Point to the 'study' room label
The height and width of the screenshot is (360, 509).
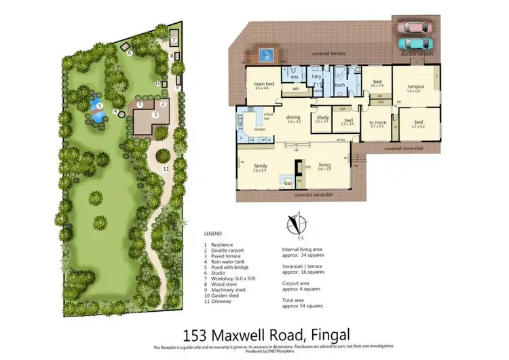tap(322, 118)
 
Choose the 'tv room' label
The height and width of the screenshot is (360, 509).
tap(377, 122)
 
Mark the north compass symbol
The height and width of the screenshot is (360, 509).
tap(294, 226)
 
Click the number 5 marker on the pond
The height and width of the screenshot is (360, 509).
tap(98, 106)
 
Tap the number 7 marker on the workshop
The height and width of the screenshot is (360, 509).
tap(173, 40)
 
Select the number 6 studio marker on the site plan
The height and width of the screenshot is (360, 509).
tap(130, 52)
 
